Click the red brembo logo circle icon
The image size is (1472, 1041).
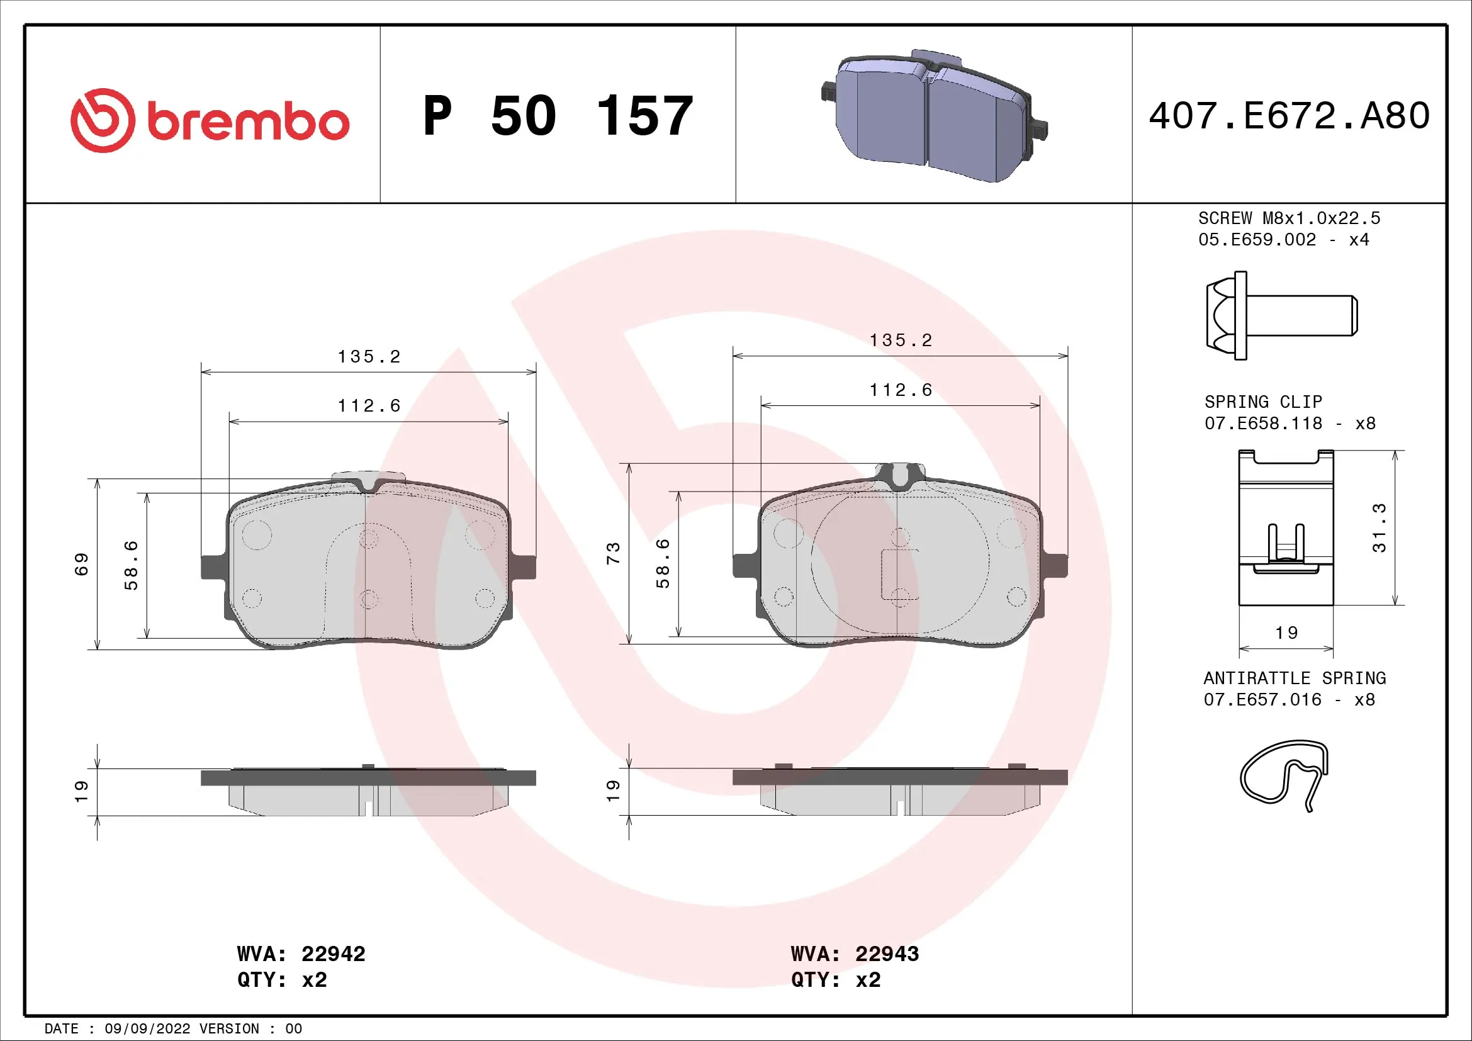[103, 120]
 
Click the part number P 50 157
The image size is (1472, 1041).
[557, 116]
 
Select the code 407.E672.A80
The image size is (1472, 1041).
[1289, 116]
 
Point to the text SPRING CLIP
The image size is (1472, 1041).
[1262, 402]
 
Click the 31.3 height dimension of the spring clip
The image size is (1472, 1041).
[1378, 527]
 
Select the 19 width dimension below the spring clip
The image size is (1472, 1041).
[1286, 633]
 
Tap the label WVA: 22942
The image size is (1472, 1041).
[301, 954]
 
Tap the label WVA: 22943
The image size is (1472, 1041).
[855, 954]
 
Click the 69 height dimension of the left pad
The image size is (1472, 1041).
[81, 564]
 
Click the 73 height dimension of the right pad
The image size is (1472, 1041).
[614, 553]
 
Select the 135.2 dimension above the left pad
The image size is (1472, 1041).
[369, 357]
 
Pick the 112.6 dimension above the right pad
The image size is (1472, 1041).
[900, 390]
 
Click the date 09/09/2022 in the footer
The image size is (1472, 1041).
[147, 1028]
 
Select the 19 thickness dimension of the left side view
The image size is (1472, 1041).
[81, 791]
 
